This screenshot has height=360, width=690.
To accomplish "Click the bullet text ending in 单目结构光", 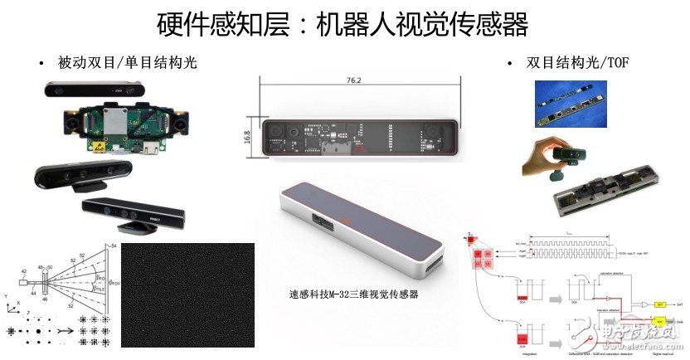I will coord(128,63).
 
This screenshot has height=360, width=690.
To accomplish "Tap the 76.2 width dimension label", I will coord(358,82).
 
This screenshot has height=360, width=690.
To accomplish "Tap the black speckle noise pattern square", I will coord(178,294).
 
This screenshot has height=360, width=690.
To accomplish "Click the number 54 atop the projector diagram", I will coord(116,248).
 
